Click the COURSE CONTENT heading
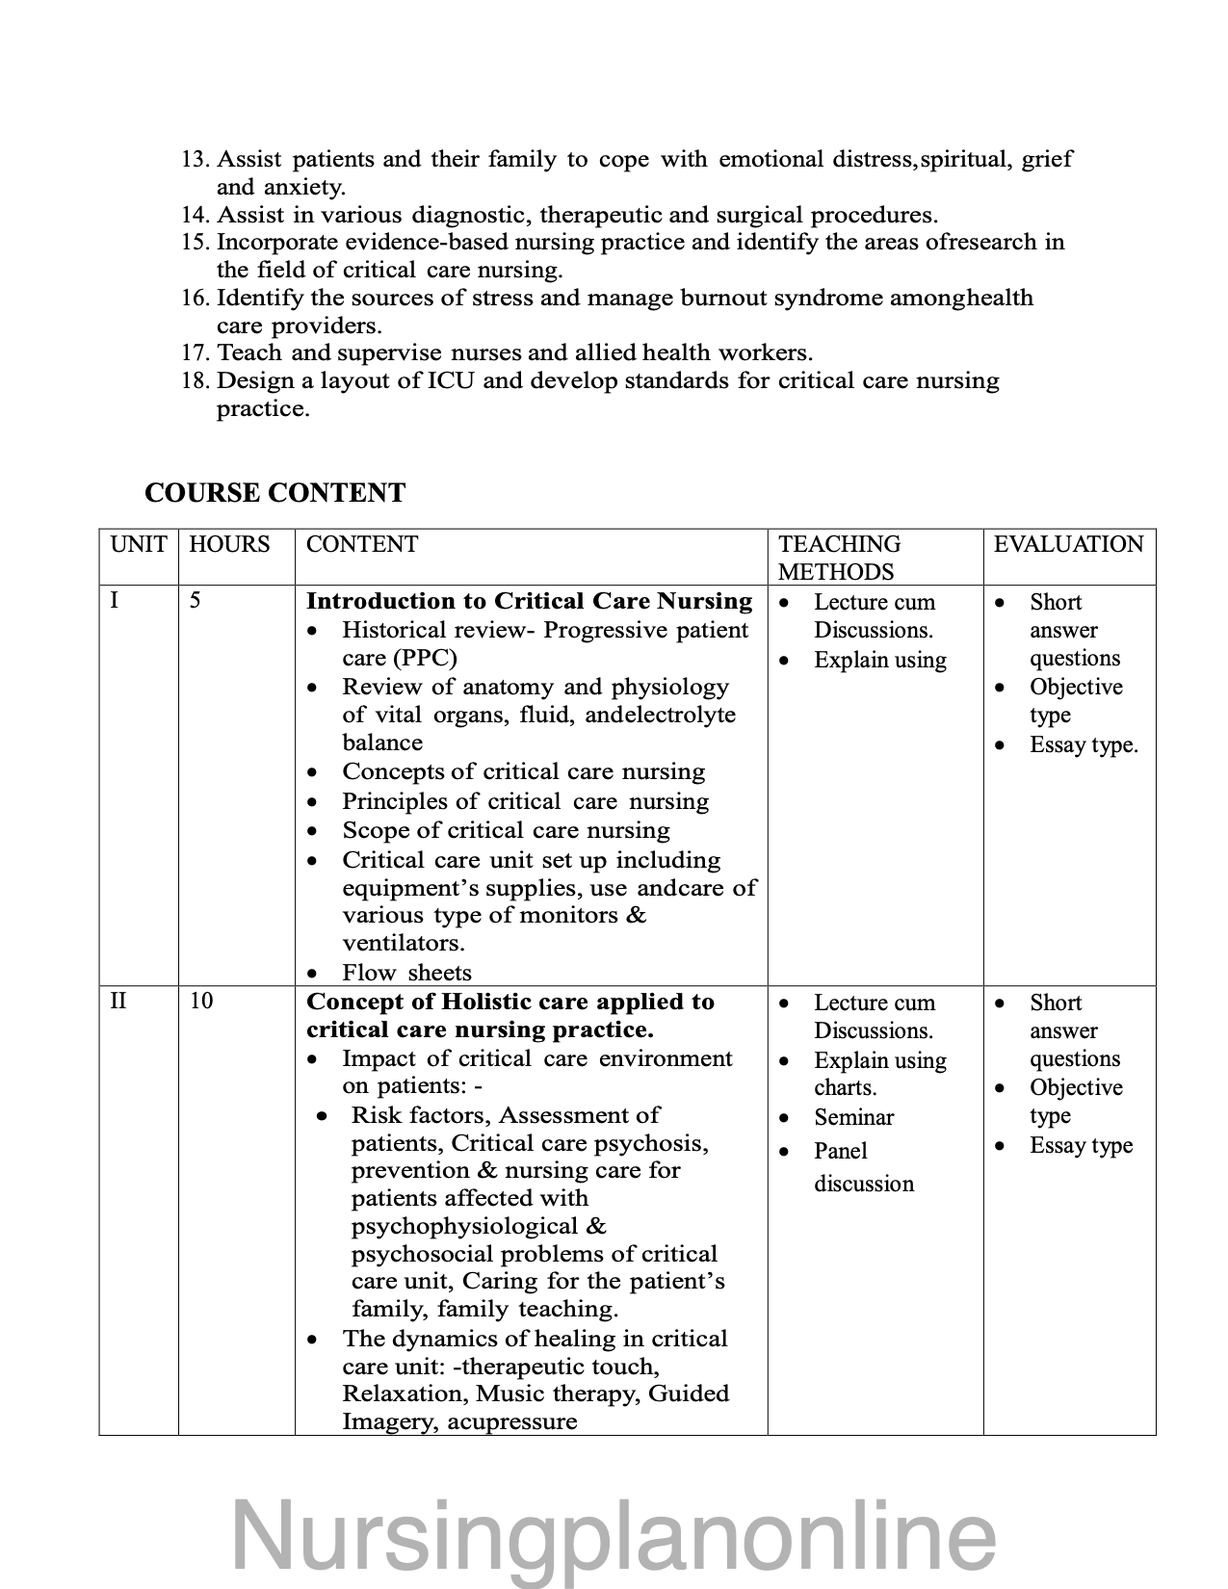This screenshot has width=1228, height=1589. [x=274, y=493]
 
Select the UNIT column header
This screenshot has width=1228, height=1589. [x=138, y=545]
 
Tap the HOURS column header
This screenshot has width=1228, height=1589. [x=229, y=545]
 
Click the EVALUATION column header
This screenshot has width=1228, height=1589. [x=1068, y=545]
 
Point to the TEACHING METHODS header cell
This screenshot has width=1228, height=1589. [x=838, y=558]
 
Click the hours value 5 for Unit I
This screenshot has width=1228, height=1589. [x=196, y=601]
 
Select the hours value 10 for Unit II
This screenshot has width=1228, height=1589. [x=201, y=1002]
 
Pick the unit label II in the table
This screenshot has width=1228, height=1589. [x=118, y=1002]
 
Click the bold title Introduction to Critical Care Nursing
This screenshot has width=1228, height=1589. [x=529, y=601]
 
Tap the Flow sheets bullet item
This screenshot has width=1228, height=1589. [x=406, y=973]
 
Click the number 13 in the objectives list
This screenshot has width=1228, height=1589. [x=196, y=159]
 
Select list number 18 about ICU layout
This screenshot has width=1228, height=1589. [x=196, y=380]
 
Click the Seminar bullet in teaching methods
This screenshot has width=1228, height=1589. [x=853, y=1117]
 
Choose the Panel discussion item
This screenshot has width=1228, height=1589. [x=863, y=1167]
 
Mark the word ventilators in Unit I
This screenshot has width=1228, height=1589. [x=403, y=943]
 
